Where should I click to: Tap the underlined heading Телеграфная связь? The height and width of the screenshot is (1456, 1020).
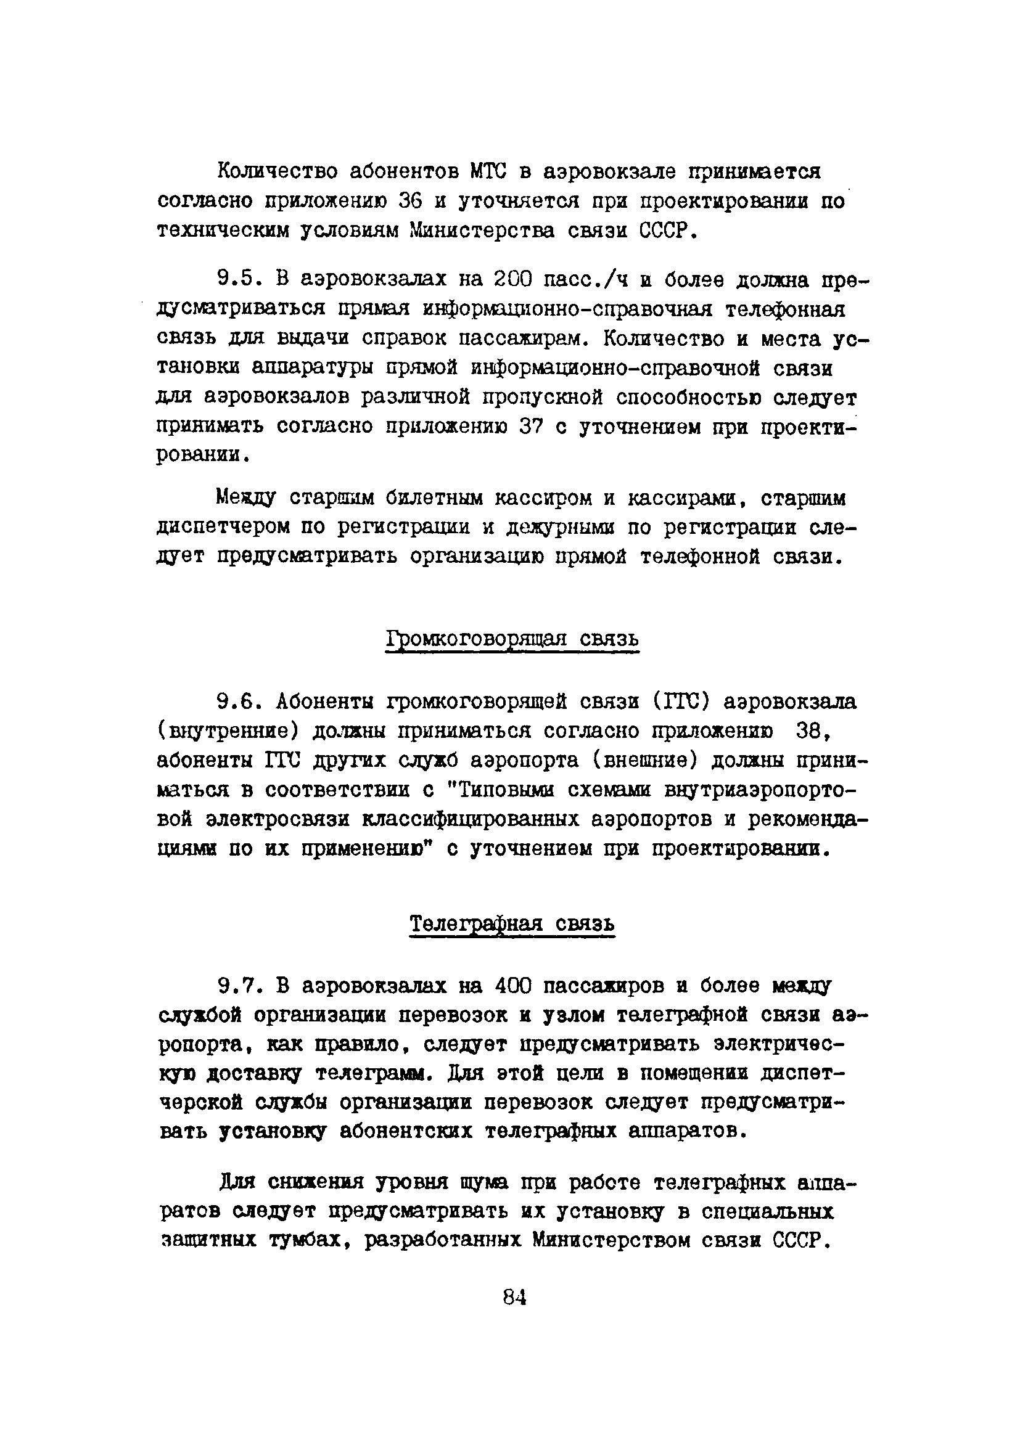tap(512, 924)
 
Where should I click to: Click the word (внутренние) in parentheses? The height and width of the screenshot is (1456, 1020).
tap(228, 732)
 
